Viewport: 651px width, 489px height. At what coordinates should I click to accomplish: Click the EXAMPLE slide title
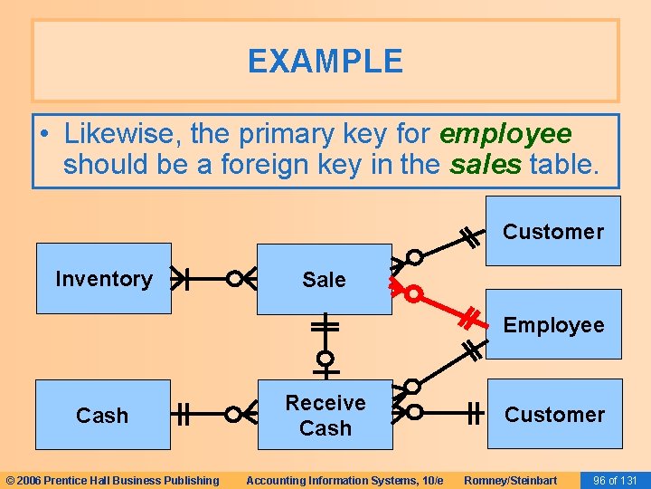[x=325, y=62]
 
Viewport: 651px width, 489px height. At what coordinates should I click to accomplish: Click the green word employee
[x=505, y=134]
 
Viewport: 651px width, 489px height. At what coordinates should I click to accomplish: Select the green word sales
[x=486, y=165]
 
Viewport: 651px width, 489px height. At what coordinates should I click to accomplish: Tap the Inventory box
[x=103, y=279]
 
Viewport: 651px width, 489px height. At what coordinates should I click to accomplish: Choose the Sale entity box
[x=324, y=280]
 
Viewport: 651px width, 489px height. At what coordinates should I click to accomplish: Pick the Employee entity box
[x=553, y=324]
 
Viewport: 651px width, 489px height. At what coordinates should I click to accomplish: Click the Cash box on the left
[x=102, y=416]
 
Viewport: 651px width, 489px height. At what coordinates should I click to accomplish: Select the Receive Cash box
[x=325, y=416]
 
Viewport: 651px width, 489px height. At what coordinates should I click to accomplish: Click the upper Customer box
[x=552, y=231]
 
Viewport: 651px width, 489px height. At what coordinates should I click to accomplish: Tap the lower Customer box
[x=554, y=415]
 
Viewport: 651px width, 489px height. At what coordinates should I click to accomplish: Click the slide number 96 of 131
[x=615, y=480]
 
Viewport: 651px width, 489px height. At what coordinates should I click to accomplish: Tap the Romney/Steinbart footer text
[x=510, y=480]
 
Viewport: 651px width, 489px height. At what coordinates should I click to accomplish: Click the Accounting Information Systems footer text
[x=344, y=480]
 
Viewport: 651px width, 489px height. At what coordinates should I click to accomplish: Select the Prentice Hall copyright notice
[x=112, y=480]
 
